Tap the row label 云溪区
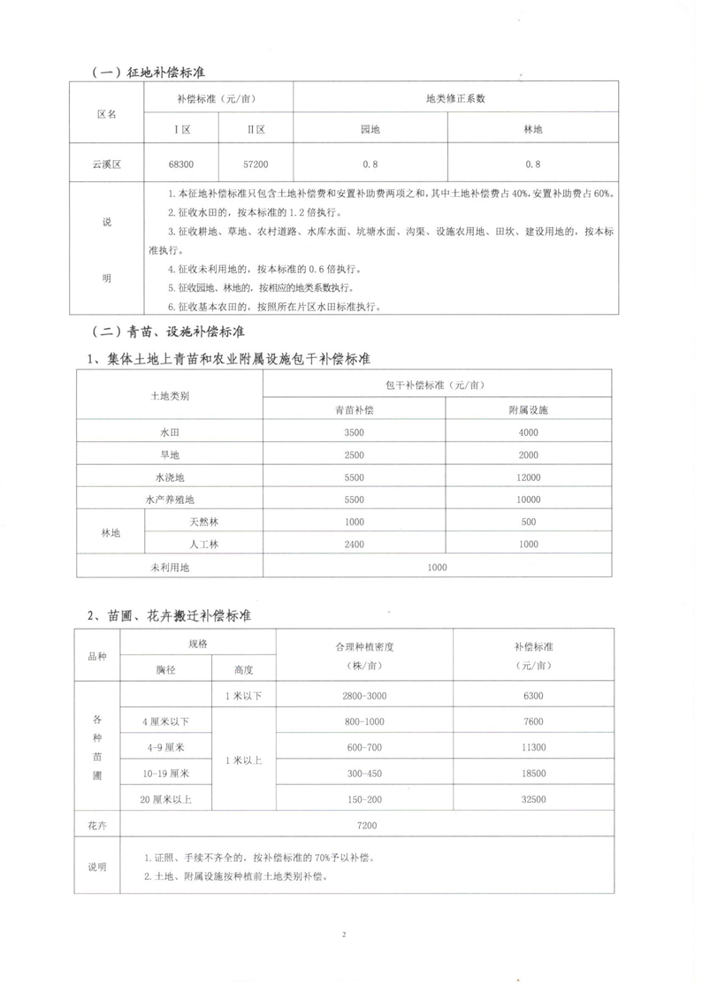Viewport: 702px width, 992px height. (106, 164)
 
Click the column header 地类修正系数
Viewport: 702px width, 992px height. (455, 99)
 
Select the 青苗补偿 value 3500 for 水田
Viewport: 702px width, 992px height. (354, 432)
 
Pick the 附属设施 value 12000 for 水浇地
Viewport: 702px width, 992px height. (530, 477)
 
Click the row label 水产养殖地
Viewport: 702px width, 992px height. (170, 500)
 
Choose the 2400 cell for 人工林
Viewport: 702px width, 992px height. (354, 545)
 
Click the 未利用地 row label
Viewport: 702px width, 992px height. (170, 567)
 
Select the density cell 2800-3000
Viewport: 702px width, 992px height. (364, 697)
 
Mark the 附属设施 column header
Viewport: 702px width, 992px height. (530, 410)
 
